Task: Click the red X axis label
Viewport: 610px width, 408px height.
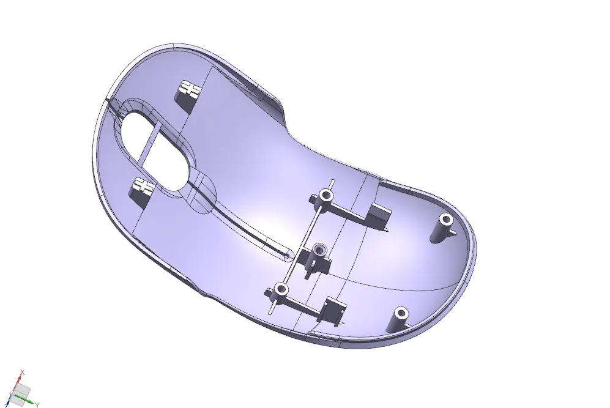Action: click(x=23, y=372)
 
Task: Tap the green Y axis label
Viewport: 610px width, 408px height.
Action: click(x=37, y=405)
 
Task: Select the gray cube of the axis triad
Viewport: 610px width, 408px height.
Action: click(x=23, y=390)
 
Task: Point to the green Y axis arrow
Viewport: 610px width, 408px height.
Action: click(x=29, y=401)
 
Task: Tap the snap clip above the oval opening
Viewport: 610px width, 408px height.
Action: click(x=190, y=94)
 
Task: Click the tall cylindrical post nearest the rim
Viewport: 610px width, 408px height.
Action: click(x=444, y=228)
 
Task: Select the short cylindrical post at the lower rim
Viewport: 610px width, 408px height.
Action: click(x=399, y=319)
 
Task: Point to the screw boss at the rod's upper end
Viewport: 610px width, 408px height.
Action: click(x=325, y=197)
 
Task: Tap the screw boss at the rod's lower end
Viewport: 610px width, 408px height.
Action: click(x=281, y=290)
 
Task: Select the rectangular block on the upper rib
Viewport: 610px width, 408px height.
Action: click(x=379, y=215)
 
